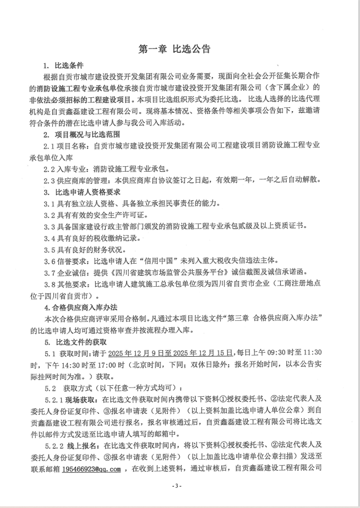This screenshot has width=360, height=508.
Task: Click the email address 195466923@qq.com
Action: click(91, 469)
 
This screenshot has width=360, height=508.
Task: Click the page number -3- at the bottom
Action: click(176, 486)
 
